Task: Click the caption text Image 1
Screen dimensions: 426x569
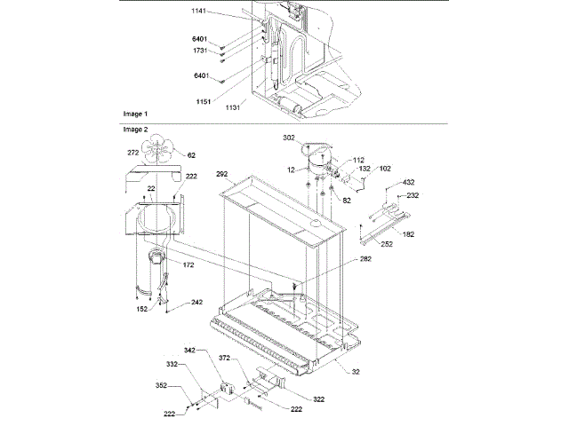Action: [136, 115]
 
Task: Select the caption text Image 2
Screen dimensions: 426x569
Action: [136, 130]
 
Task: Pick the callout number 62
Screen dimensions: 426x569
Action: [191, 156]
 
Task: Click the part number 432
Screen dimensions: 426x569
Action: [410, 182]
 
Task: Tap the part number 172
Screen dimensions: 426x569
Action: [189, 265]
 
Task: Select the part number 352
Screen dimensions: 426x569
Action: [162, 386]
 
